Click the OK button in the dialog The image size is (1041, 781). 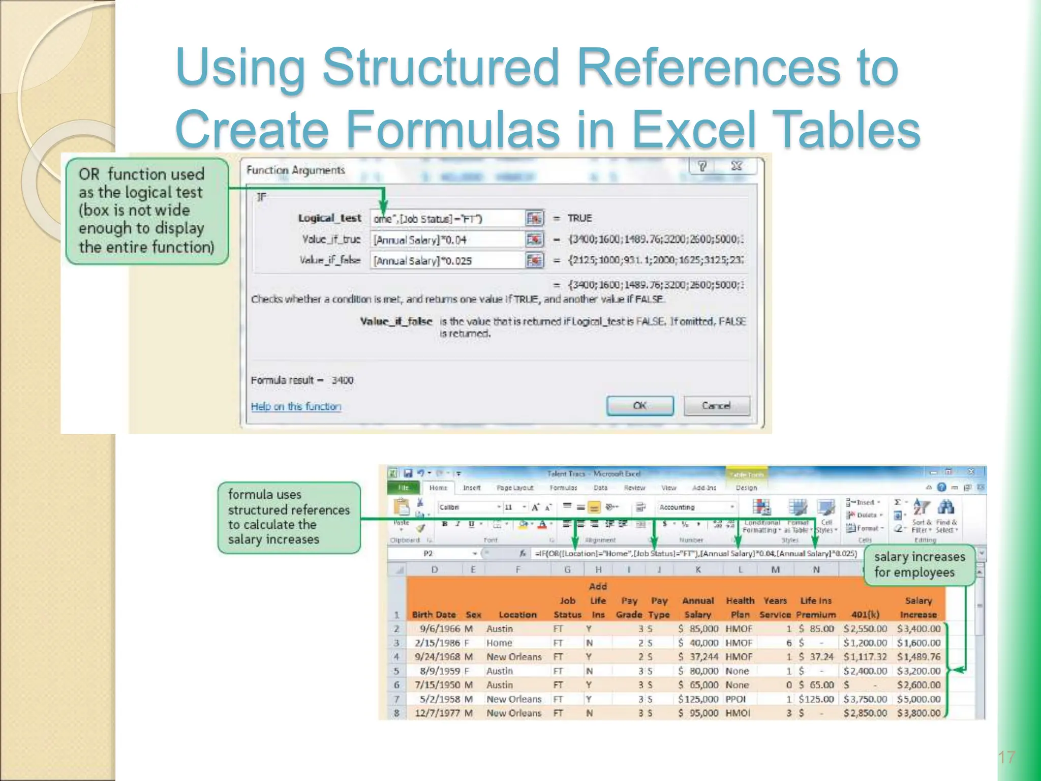639,406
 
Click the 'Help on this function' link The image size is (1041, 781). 296,406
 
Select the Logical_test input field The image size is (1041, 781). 447,219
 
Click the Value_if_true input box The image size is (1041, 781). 447,239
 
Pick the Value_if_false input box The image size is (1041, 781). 447,261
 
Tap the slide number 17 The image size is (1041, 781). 1006,758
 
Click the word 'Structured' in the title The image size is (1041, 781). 440,67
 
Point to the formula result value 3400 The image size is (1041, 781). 342,380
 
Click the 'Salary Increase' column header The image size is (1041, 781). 918,608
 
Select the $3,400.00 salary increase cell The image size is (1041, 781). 918,629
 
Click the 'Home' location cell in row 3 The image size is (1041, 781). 499,643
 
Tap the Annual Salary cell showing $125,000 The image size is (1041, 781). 698,699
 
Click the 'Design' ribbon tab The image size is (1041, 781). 746,488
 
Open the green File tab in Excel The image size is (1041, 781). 404,488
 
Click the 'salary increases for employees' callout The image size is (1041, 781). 919,565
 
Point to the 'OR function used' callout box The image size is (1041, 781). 146,211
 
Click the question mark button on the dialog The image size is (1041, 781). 702,166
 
